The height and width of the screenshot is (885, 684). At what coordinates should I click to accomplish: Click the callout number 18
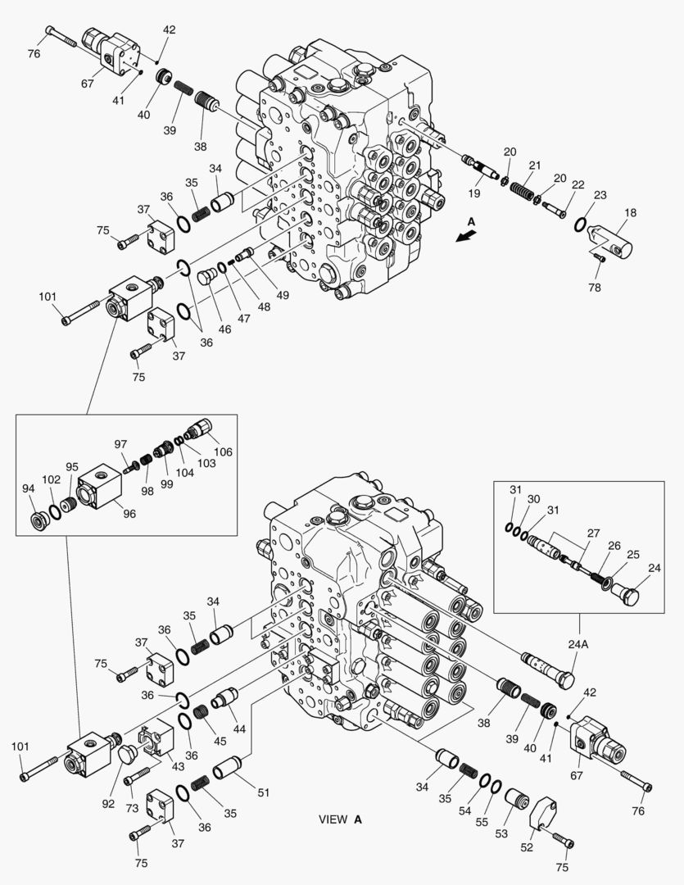631,213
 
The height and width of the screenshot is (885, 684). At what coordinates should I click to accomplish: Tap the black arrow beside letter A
466,236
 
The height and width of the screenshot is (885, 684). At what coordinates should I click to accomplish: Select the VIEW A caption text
340,819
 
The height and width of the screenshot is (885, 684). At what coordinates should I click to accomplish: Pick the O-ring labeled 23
581,223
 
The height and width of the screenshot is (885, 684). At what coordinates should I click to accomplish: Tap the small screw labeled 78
598,256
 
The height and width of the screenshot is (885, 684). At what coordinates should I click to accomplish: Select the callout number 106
223,451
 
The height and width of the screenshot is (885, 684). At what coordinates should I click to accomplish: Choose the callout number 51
263,792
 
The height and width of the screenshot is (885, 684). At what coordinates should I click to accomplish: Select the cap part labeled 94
36,520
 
